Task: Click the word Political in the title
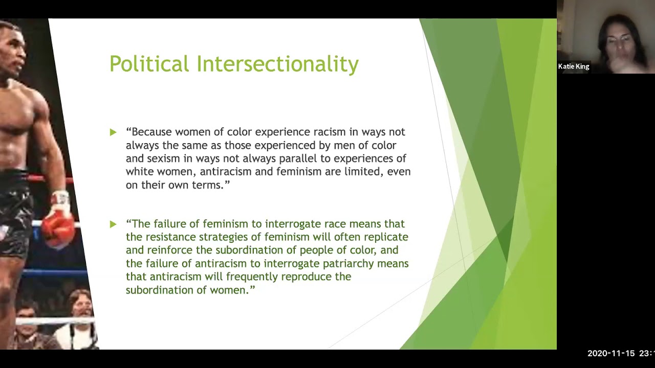pyautogui.click(x=149, y=64)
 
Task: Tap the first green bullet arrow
pyautogui.click(x=113, y=132)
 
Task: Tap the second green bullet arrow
pyautogui.click(x=113, y=224)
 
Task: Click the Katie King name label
pyautogui.click(x=574, y=66)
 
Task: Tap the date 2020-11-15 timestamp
pyautogui.click(x=611, y=354)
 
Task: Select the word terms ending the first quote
pyautogui.click(x=207, y=185)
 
